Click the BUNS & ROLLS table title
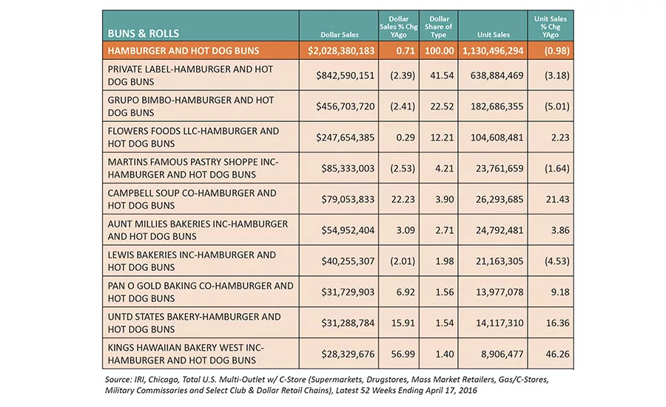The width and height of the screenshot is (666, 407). point(143,33)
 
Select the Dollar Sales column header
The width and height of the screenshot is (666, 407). point(340,35)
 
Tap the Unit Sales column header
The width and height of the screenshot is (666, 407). point(493,35)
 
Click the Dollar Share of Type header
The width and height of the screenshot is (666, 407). point(439,27)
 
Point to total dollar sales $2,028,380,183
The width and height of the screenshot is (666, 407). point(341,51)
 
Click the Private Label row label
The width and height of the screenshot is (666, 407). point(190,75)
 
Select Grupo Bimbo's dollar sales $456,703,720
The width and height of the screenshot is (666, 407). point(346,107)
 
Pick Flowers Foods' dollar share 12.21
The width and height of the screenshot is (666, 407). point(442,138)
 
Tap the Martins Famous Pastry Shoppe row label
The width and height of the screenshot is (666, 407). point(193,168)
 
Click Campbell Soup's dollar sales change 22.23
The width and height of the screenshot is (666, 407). point(403,199)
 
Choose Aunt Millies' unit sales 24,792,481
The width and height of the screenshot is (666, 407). point(499,230)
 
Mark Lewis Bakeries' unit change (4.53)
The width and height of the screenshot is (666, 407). point(556,261)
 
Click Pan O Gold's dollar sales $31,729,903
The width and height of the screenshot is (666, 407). point(348,292)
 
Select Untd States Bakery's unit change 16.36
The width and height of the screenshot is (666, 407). point(558,323)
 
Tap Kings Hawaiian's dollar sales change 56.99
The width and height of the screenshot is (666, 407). point(403,354)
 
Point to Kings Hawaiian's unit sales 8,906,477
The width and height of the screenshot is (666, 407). point(502,354)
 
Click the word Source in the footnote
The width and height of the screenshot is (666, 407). point(118,380)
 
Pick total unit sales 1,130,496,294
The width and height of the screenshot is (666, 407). point(493,51)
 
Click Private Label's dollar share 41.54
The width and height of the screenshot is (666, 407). point(442,75)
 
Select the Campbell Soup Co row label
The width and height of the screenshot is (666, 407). point(192,199)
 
